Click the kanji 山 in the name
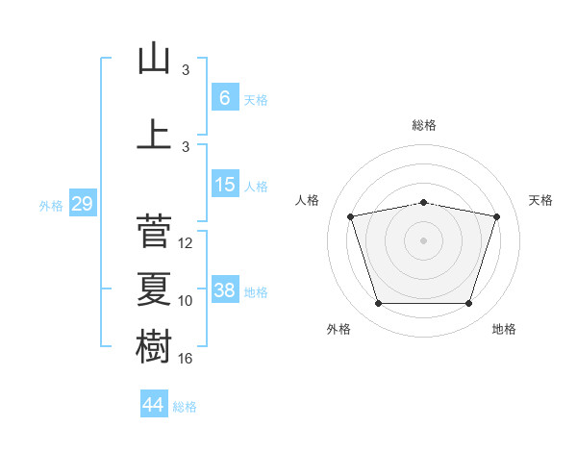coord(154,58)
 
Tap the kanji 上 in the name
coord(154,134)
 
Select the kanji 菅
coord(154,231)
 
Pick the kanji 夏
coord(154,289)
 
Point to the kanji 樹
coord(154,346)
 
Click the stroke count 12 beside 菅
coord(185,243)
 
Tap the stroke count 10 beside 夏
coord(185,301)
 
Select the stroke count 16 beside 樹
coord(185,359)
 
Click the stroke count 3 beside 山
coord(186,70)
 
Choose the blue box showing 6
coord(225,97)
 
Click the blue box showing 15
coord(225,184)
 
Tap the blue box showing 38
coord(225,289)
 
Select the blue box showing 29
coord(83,203)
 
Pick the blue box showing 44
coord(154,403)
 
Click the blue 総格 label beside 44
coord(185,407)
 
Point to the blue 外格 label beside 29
coord(51,206)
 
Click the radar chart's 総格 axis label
coord(424,125)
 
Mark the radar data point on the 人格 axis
coord(350,216)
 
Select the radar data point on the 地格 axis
coord(468,304)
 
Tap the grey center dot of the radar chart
coord(423,240)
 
